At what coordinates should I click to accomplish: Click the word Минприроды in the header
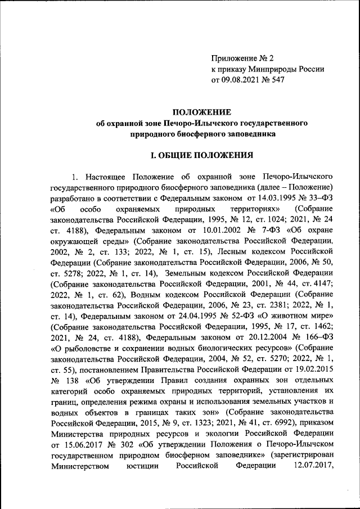coord(268,69)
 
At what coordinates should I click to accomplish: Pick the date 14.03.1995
coord(263,197)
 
